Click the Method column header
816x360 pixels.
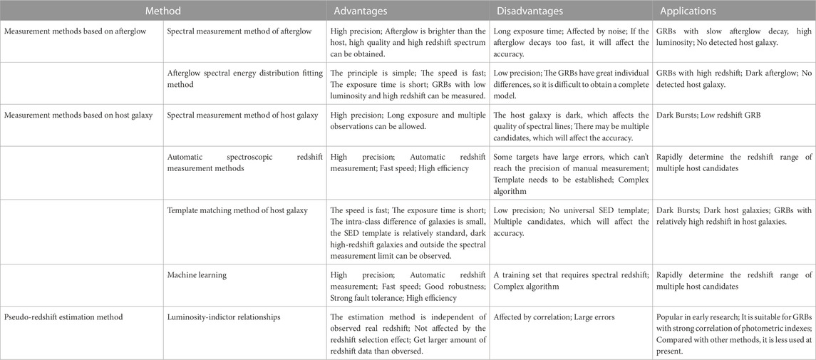(163, 11)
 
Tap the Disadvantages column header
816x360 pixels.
(532, 11)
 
